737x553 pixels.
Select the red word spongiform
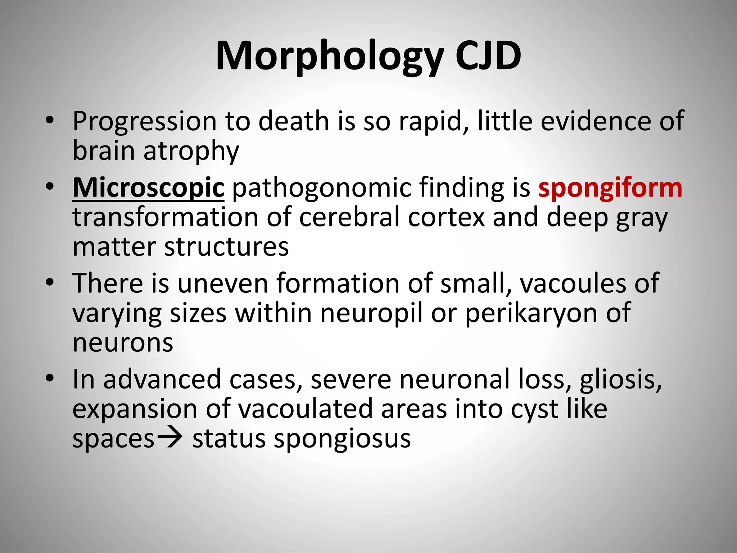tap(610, 189)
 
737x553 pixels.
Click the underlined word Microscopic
tap(148, 189)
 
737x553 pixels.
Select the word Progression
tap(144, 121)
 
